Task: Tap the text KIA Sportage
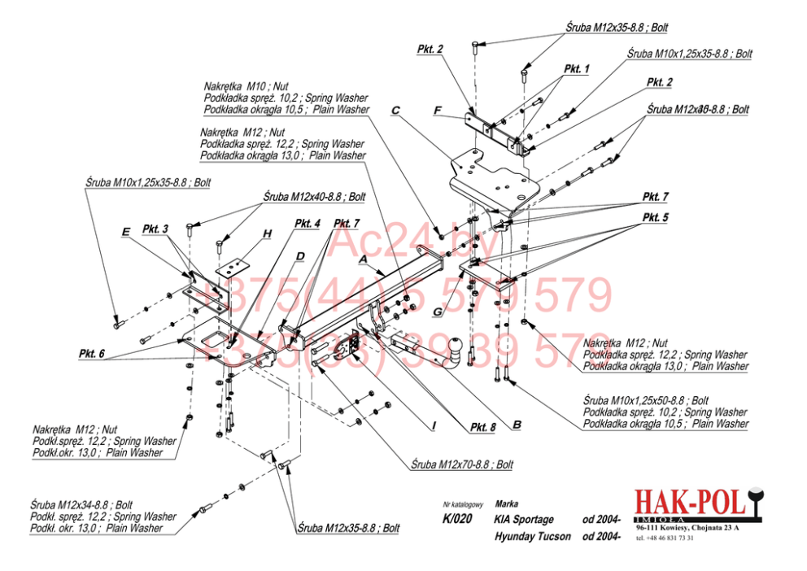click(x=523, y=519)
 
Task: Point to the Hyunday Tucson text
click(x=532, y=537)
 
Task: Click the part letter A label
click(x=363, y=258)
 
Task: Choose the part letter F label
click(x=437, y=110)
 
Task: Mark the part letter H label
click(x=266, y=234)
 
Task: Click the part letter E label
click(x=125, y=232)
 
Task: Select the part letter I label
click(x=434, y=426)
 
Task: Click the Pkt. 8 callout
click(x=482, y=427)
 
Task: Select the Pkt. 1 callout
click(x=575, y=69)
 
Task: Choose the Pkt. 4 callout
click(x=308, y=223)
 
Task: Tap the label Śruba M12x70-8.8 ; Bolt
click(x=462, y=465)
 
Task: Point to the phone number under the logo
click(x=665, y=538)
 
